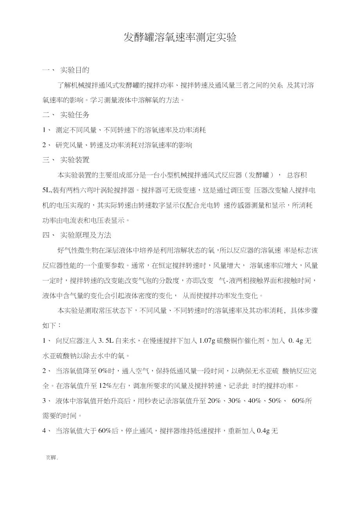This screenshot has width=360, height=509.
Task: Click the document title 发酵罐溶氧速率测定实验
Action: click(x=180, y=38)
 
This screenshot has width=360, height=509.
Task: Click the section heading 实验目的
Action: click(x=75, y=70)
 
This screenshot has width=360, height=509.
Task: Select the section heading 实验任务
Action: click(x=75, y=115)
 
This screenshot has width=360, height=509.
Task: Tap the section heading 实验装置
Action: click(x=75, y=160)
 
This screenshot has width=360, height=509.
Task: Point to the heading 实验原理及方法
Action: click(x=86, y=235)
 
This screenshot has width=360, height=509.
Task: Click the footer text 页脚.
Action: click(x=52, y=457)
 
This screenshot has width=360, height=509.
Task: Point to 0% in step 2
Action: click(x=103, y=371)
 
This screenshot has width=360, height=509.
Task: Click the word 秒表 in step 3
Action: click(x=156, y=401)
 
